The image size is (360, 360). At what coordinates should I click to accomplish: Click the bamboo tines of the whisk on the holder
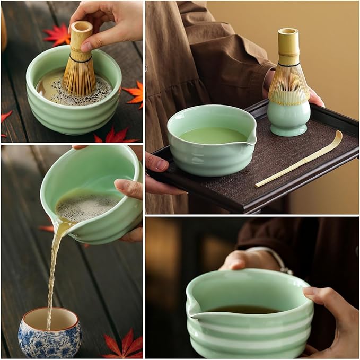(288, 85)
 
